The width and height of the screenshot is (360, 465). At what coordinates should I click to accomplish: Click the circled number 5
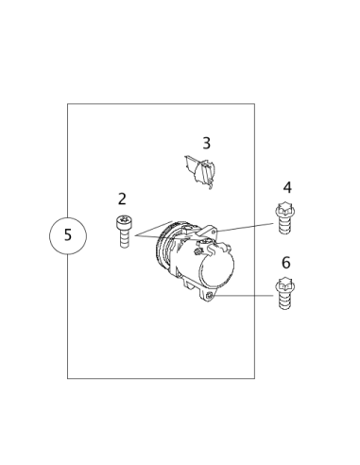67,234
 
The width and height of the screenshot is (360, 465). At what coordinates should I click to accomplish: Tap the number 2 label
122,198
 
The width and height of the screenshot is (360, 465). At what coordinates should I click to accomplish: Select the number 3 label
206,144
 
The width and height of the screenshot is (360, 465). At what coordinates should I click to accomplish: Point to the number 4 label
287,187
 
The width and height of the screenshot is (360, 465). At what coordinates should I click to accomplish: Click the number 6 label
286,263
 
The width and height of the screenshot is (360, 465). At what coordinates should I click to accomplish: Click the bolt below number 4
283,219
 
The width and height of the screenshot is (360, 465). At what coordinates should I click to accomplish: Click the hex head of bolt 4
283,212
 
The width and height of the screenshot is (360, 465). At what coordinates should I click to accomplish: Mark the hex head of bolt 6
283,284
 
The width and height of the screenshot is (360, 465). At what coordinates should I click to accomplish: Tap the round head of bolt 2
123,222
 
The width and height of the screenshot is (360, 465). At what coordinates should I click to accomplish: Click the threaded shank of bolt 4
283,227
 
